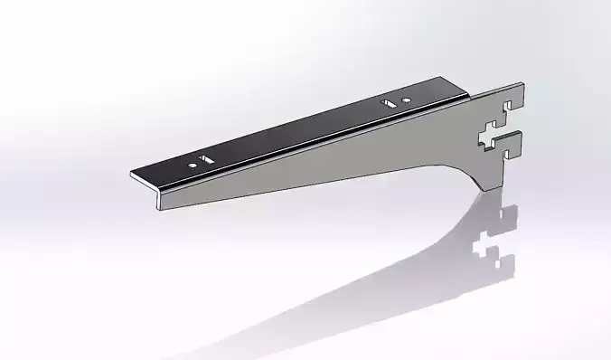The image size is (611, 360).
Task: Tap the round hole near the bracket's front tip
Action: [x=193, y=166]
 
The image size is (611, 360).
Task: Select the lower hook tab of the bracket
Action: [x=511, y=141]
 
